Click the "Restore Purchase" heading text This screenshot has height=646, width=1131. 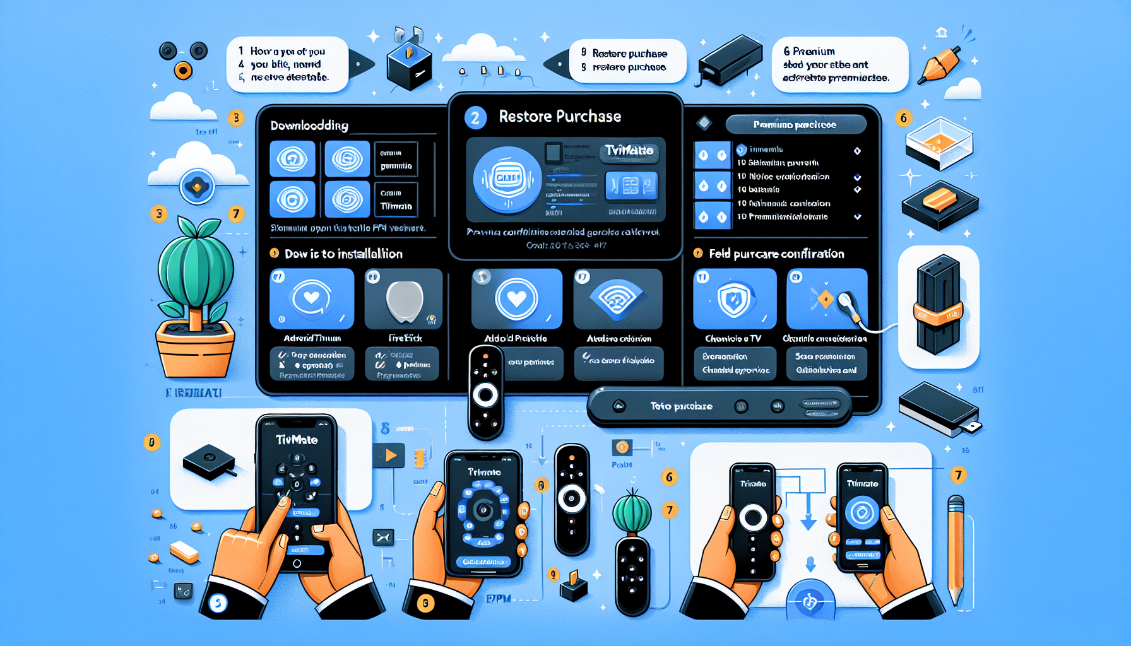[x=559, y=117]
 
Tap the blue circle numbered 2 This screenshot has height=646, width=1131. [x=475, y=118]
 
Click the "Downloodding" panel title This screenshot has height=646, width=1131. [x=309, y=126]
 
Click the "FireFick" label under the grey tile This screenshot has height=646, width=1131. [x=405, y=338]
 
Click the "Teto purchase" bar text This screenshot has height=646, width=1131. [x=681, y=406]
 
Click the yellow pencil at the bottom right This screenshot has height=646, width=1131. [x=956, y=549]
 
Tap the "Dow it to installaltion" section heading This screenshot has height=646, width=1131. [x=343, y=254]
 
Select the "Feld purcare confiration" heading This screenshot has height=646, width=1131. [x=776, y=254]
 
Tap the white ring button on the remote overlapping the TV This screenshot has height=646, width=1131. [x=485, y=396]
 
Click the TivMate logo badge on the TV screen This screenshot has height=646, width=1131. [x=629, y=151]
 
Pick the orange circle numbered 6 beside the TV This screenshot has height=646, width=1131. [x=903, y=118]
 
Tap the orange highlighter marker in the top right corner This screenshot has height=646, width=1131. [x=939, y=64]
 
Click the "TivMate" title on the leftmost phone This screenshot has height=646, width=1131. [x=296, y=440]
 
